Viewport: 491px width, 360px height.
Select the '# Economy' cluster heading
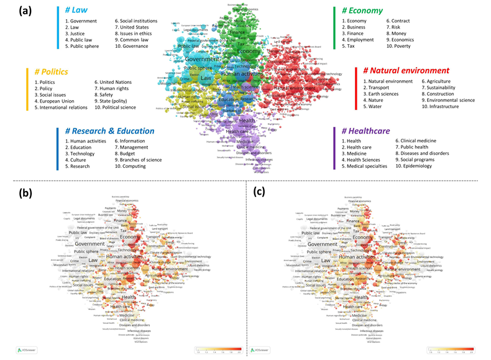pos(358,11)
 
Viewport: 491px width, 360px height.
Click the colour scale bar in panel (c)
pos(450,349)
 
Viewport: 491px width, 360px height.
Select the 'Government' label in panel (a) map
pos(185,59)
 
